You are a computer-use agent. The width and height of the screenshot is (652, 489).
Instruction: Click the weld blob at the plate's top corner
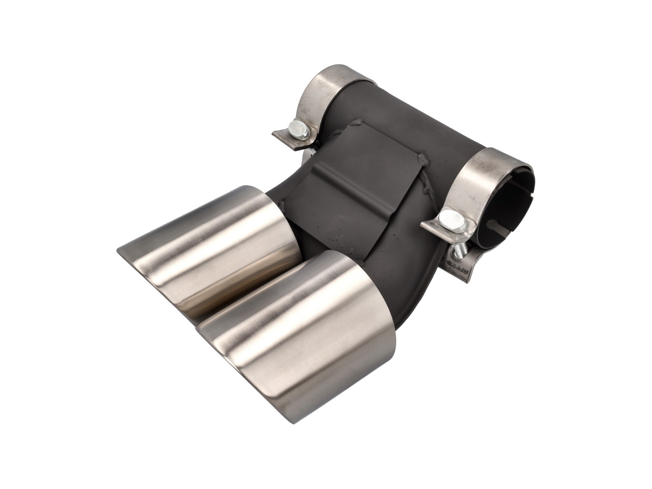tap(359, 121)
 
